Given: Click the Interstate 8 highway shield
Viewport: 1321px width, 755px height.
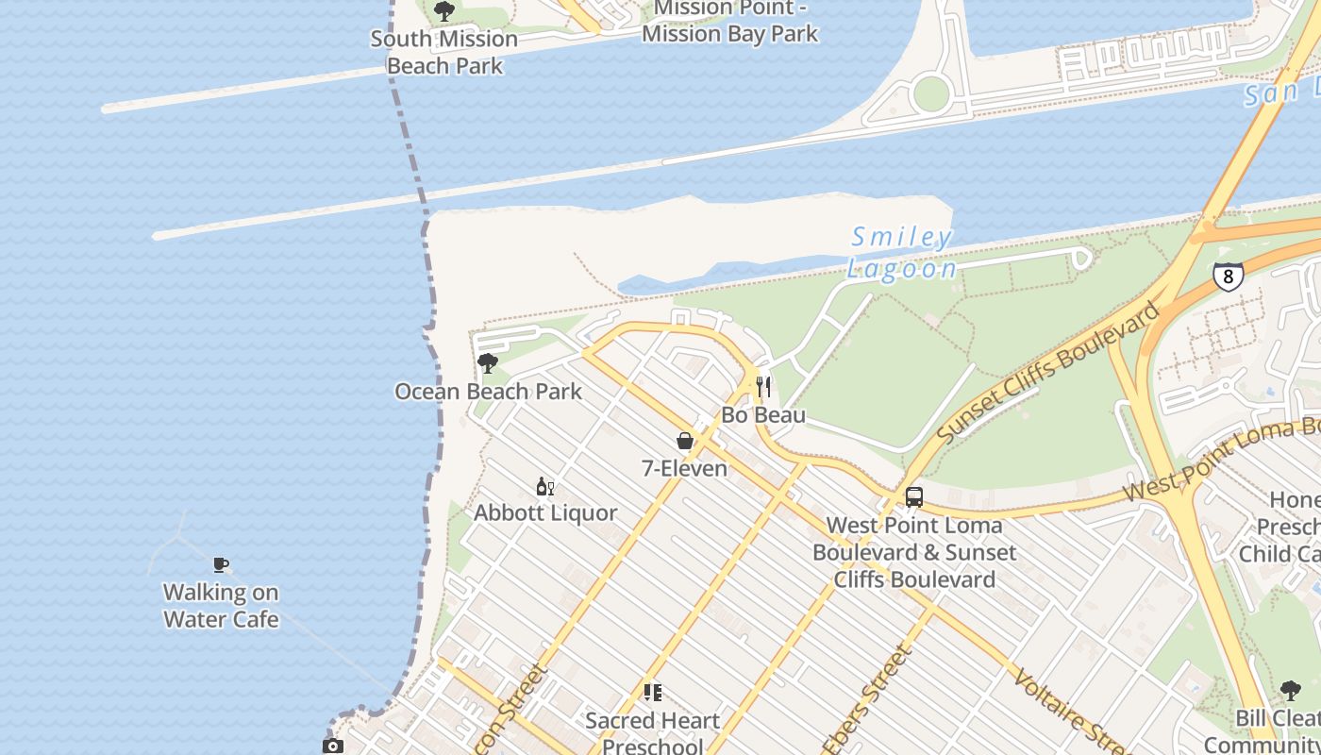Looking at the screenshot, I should point(1228,276).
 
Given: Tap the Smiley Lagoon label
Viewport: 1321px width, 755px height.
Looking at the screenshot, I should point(901,252).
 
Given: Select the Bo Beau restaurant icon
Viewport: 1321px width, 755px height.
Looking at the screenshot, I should point(763,387).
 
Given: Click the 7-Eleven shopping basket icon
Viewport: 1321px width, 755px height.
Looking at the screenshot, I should point(685,441).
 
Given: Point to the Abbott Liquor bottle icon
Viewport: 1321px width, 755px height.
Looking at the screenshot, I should point(544,486).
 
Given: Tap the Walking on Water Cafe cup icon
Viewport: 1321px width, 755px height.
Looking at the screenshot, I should point(221,565).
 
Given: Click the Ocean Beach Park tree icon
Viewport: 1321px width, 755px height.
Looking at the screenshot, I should point(488,363).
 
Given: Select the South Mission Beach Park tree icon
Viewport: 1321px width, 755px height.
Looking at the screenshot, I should point(443,11).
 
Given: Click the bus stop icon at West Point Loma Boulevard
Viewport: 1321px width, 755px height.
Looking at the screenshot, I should point(913,497).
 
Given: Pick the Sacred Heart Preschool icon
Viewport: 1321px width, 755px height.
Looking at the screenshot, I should point(652,693).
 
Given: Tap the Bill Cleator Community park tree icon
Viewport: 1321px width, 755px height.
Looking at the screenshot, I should point(1290,691).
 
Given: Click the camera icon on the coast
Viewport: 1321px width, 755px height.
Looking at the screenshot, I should point(332,747).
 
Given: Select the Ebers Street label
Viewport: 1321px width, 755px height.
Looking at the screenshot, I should point(867,699).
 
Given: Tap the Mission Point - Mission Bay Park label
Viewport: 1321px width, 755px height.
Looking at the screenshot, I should point(728,22).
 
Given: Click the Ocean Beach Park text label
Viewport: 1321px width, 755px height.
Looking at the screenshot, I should point(488,392).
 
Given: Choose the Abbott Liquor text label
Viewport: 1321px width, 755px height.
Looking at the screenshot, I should point(545,513).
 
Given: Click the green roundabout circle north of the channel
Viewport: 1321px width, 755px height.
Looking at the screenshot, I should point(930,93).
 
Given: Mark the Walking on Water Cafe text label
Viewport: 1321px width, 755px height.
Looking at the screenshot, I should point(221,606).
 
